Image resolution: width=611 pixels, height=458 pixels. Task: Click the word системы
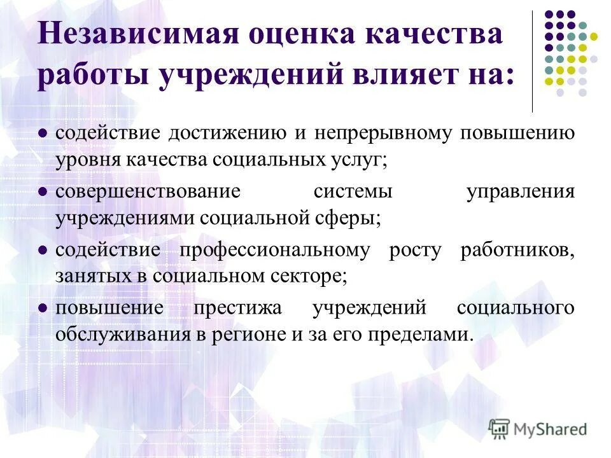pos(352,191)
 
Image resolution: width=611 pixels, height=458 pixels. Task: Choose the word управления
pos(520,191)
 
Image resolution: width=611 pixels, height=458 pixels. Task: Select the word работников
pos(517,250)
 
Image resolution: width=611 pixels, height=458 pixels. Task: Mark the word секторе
pos(310,275)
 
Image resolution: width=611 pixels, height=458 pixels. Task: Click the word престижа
pos(239,309)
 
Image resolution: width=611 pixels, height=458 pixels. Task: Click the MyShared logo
pos(538,428)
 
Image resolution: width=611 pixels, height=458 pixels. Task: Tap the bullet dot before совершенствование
pos(43,191)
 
